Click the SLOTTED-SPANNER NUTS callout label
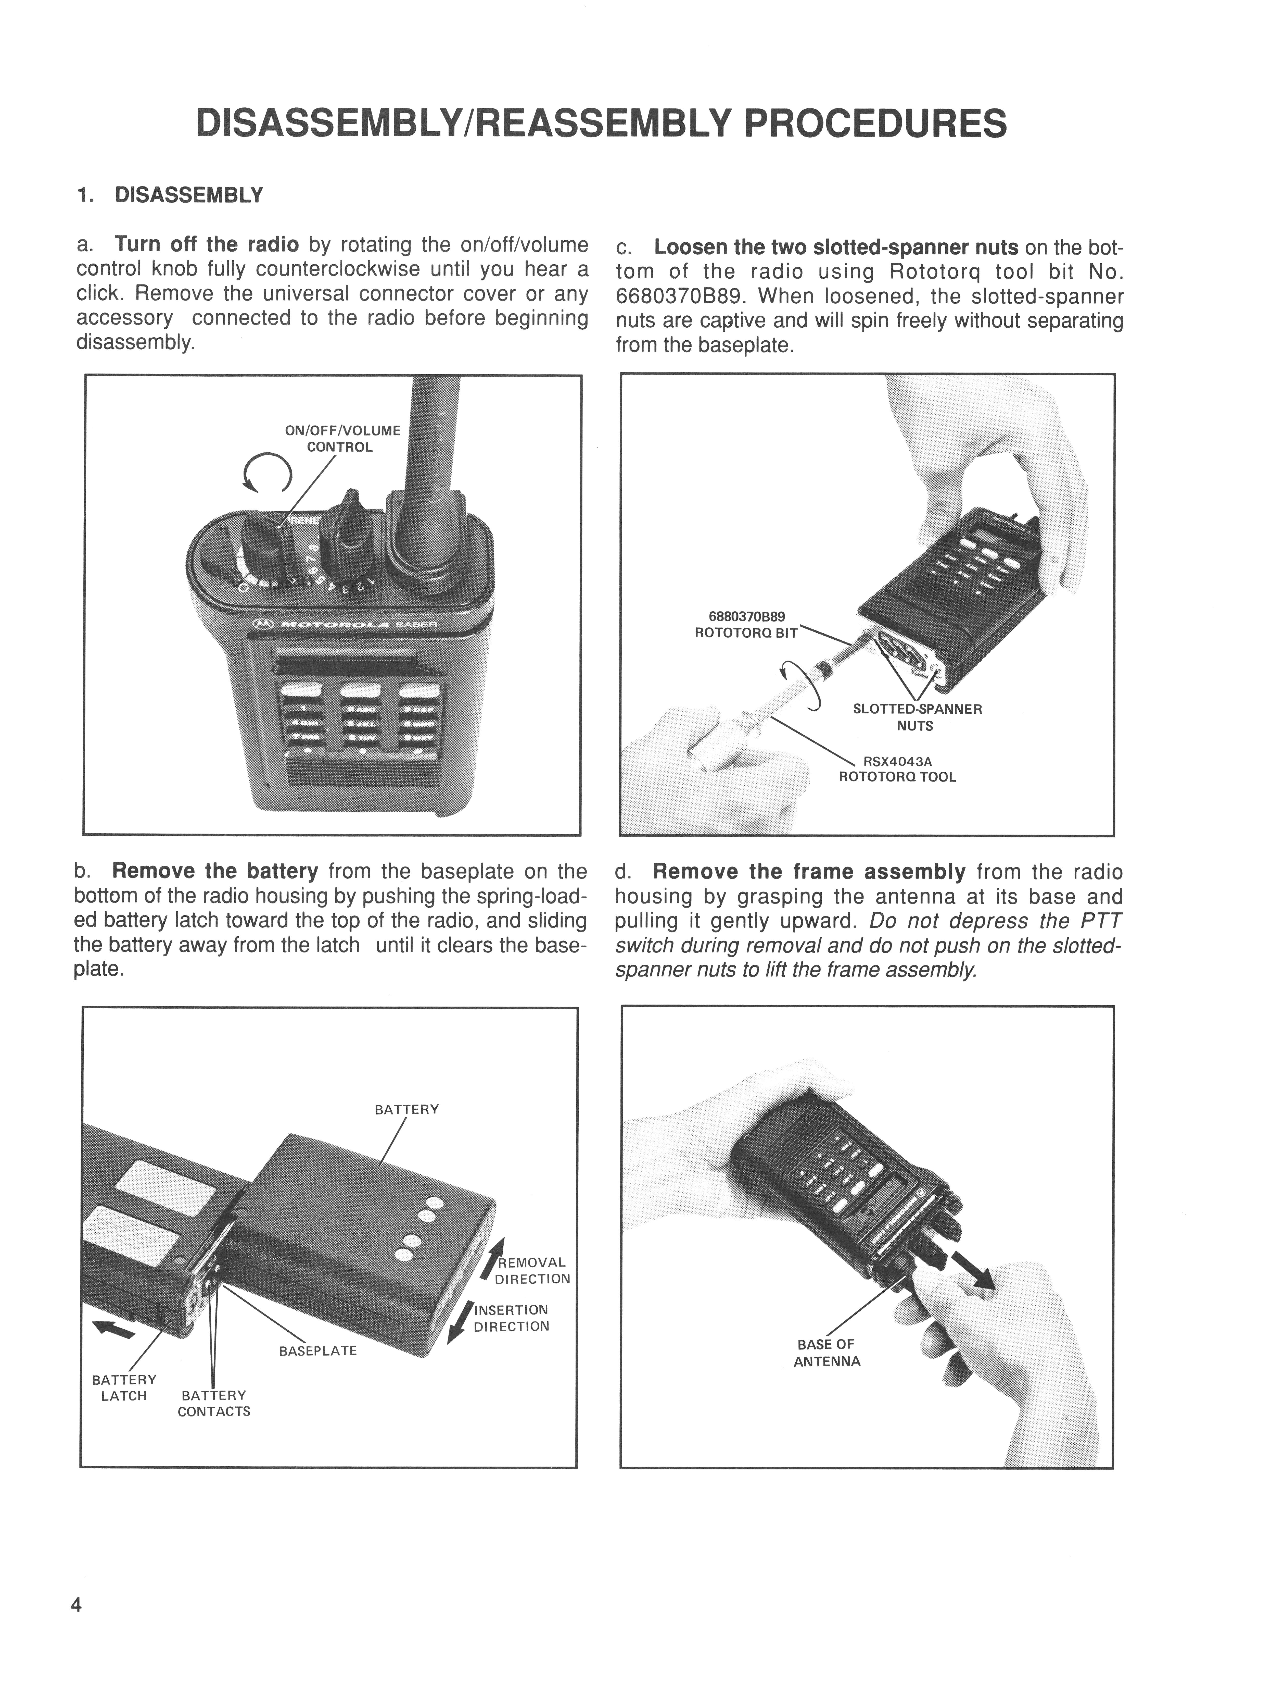tap(917, 717)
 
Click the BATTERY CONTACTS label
tap(214, 1403)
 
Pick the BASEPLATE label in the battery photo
tap(317, 1351)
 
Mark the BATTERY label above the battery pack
tap(407, 1109)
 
